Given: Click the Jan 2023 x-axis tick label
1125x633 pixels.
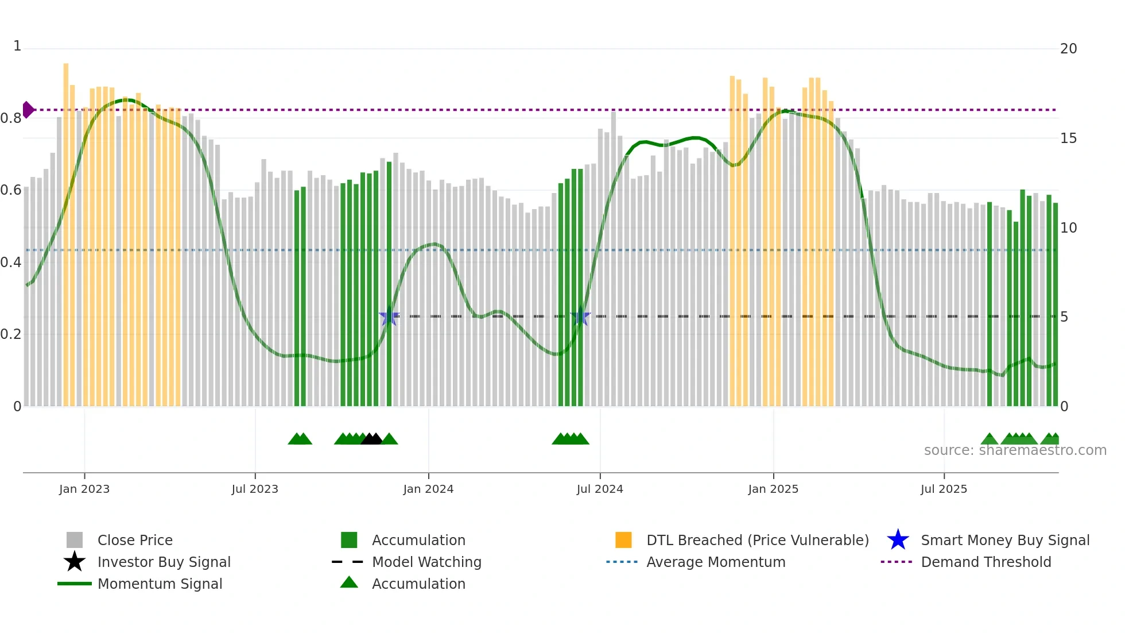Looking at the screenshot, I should (x=84, y=489).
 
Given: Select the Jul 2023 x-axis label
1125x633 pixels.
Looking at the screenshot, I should (x=255, y=489).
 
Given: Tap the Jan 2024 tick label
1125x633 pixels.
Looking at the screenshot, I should (x=428, y=489).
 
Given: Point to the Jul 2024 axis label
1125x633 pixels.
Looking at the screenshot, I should (x=600, y=489).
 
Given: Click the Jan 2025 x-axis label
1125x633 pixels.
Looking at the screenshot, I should (x=773, y=489).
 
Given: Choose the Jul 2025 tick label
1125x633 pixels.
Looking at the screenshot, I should (x=944, y=489).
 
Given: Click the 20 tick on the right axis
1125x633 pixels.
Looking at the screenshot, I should (x=1068, y=49).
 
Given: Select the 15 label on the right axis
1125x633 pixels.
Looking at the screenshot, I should (x=1068, y=138).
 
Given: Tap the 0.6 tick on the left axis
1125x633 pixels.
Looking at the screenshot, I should (x=11, y=190).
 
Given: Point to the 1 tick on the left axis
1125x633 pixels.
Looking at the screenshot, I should (x=17, y=46).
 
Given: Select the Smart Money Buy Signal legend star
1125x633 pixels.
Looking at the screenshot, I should (x=898, y=540).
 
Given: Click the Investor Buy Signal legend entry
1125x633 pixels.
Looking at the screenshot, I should (x=164, y=562).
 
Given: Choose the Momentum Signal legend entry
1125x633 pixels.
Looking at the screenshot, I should (x=160, y=584).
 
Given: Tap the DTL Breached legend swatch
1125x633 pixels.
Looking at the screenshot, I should (x=623, y=540).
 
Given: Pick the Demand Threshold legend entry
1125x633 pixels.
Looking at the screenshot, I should (x=986, y=562).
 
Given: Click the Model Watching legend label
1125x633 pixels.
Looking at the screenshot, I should (x=426, y=562).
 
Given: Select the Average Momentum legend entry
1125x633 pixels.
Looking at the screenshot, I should (x=716, y=562).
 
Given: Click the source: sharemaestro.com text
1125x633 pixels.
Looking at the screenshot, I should (x=1015, y=450).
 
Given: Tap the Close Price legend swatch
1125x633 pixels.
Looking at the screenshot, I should (x=75, y=540).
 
